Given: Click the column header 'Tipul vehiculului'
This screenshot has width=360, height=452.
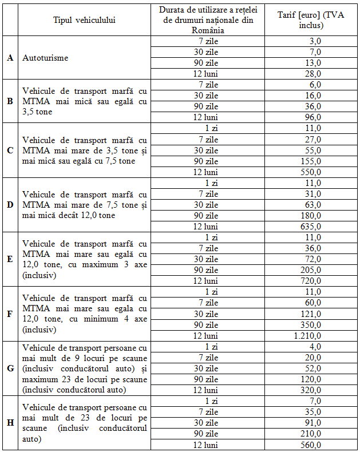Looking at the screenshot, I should [84, 20].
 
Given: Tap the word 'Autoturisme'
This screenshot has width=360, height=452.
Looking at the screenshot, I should [46, 58].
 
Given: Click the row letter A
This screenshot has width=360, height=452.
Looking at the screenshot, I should [10, 58].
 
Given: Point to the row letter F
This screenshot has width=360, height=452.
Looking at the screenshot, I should [10, 314].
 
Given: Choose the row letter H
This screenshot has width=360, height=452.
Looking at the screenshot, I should [10, 423].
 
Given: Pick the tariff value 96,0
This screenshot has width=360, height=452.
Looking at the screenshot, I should [312, 117].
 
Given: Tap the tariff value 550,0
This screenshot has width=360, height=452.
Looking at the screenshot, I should [311, 172].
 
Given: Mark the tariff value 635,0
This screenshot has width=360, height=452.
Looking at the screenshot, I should [311, 226].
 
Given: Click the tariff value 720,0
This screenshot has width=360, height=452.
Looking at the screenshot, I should [311, 281].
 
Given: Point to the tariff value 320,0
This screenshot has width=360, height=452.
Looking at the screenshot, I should [311, 390].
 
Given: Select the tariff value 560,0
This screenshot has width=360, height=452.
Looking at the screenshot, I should [311, 445].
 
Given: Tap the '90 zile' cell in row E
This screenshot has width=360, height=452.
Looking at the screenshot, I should [208, 270].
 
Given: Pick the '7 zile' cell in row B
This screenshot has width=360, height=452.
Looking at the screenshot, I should [208, 85].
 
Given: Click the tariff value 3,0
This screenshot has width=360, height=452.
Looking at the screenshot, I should [314, 41].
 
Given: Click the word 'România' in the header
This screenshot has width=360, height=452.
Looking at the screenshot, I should [208, 30].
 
